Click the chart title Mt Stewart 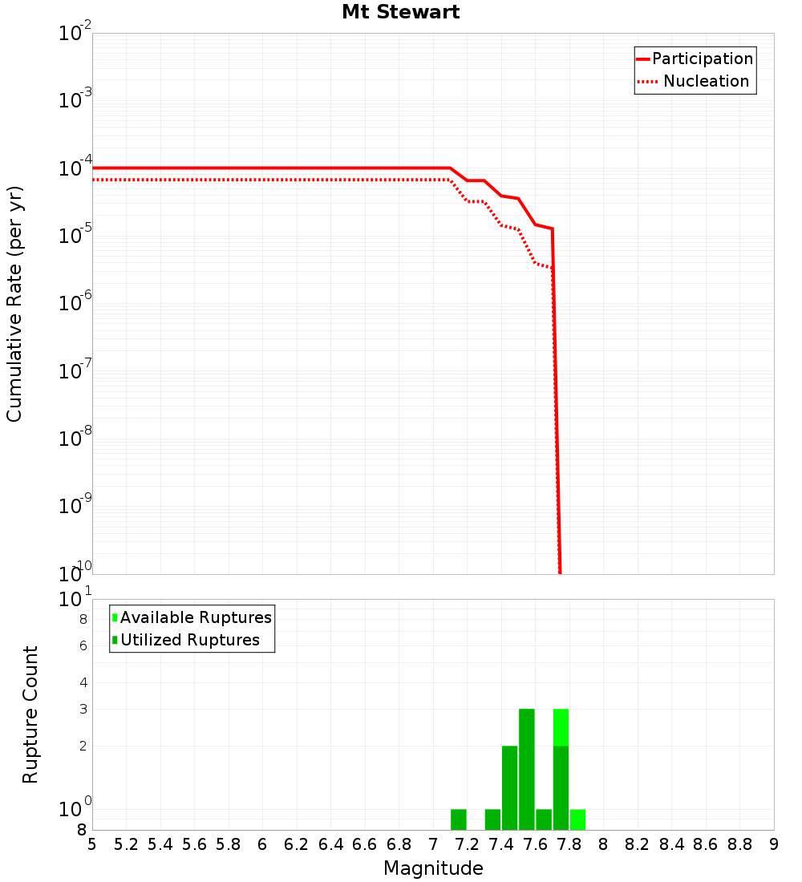(401, 12)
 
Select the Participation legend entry (702, 59)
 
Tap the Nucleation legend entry (706, 81)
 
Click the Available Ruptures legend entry (196, 617)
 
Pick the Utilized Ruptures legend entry (189, 640)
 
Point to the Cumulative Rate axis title (14, 303)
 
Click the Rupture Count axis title (30, 714)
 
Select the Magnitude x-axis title (433, 868)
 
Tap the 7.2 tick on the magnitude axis (468, 844)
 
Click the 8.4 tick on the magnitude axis (672, 844)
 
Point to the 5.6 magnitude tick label (195, 844)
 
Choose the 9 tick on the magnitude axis (774, 844)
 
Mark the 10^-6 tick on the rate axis (75, 304)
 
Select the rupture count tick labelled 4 (82, 683)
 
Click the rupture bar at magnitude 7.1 (459, 819)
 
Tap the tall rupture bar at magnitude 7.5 (527, 770)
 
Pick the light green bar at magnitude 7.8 (577, 819)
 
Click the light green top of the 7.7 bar (561, 727)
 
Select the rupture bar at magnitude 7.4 (509, 787)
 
